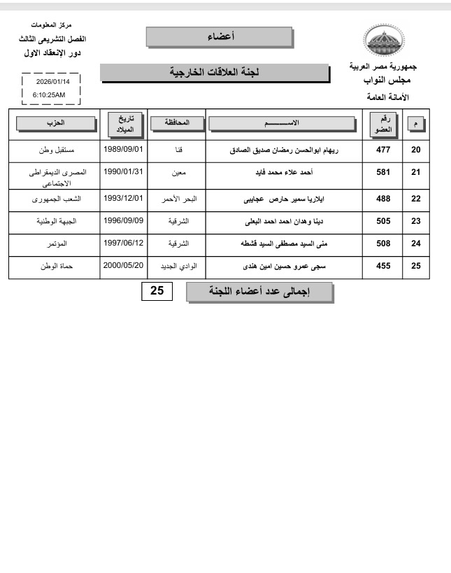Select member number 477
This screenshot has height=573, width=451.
point(382,150)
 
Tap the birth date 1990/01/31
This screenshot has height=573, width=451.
point(123,172)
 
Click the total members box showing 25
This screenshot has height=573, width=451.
point(157,292)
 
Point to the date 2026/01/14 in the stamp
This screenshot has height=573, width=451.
point(50,82)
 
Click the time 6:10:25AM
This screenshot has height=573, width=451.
point(49,94)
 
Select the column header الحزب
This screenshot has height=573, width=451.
point(55,123)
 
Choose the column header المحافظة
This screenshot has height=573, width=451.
point(176,123)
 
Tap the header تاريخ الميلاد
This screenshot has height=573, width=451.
point(123,123)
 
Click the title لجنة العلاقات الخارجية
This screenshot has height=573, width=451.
point(215,72)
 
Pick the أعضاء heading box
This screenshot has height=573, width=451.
point(219,36)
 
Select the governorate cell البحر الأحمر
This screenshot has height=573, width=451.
point(176,199)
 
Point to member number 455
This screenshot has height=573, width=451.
point(382,267)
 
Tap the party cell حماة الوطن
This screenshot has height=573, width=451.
point(55,267)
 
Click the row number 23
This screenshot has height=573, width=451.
point(416,222)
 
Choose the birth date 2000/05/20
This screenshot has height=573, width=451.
point(123,267)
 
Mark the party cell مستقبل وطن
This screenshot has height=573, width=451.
point(55,150)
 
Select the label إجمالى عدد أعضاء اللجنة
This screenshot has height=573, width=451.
point(259,292)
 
